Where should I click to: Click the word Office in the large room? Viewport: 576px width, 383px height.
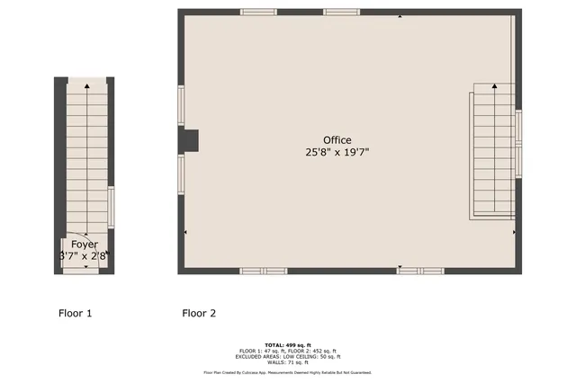[338, 139]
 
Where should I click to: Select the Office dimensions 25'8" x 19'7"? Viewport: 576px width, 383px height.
[338, 153]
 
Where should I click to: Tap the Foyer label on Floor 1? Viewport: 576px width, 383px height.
[85, 245]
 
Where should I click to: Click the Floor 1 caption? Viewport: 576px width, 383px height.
[75, 314]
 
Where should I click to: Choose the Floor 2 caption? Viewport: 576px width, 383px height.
[199, 314]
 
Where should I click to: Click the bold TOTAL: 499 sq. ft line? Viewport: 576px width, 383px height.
[288, 345]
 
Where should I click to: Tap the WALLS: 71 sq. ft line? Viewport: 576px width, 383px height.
[288, 361]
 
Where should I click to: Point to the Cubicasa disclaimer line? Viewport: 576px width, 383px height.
[288, 372]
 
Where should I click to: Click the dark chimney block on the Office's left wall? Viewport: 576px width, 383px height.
[190, 141]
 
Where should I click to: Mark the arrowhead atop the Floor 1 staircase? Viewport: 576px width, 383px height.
[87, 85]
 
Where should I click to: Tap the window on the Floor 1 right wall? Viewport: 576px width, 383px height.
[112, 204]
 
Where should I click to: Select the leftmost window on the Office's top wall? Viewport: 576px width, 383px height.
[258, 12]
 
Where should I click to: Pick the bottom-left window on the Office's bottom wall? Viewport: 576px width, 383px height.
[264, 270]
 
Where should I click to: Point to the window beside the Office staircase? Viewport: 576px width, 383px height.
[518, 126]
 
